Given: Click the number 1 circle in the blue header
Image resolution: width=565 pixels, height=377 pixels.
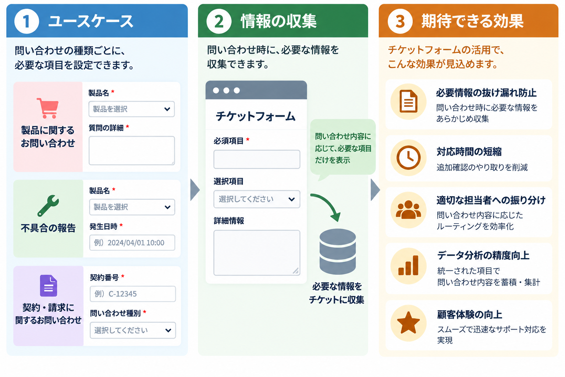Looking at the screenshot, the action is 27,21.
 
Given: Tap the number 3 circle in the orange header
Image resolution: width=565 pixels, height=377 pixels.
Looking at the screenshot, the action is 400,21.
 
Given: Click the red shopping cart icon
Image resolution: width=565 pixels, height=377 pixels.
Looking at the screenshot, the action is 48,108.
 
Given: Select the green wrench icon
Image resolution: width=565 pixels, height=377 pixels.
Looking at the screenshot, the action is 48,205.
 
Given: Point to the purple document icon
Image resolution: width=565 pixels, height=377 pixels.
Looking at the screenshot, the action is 49,286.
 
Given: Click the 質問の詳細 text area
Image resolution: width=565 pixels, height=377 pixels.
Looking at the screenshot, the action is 132,151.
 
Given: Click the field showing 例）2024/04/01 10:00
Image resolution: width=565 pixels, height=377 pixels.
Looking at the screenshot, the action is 132,243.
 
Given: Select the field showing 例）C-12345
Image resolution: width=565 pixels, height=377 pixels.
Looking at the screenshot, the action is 133,294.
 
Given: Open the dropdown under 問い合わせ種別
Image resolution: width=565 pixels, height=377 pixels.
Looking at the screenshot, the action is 133,330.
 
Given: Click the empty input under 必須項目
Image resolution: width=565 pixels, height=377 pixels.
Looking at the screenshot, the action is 257,159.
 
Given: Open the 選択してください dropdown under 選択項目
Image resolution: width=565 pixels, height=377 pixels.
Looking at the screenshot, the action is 257,199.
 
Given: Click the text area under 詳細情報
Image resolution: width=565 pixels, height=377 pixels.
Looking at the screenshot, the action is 257,253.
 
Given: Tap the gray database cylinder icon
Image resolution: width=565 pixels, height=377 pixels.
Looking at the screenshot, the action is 337,251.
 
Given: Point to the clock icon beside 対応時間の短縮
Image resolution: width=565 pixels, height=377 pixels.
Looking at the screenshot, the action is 408,158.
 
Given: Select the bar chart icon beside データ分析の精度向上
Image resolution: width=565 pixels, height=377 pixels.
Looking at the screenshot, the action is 408,265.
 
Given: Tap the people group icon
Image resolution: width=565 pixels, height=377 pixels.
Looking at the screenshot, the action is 408,209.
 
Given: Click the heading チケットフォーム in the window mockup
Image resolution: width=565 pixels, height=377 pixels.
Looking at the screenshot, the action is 256,116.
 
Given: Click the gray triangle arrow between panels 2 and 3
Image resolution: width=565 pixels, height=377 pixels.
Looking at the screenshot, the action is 375,190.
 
